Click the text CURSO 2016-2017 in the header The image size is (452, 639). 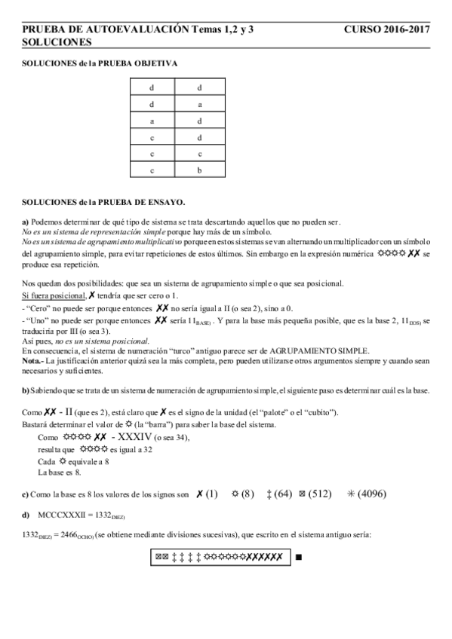coord(386,29)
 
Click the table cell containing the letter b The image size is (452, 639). coord(199,171)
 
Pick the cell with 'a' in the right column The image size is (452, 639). coord(199,105)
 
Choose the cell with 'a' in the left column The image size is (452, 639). coord(152,121)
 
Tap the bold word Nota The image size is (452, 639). coord(32,362)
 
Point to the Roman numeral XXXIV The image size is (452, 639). coord(146,437)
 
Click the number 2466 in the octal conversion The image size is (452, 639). coord(75,534)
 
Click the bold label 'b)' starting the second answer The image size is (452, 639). coord(26,390)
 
